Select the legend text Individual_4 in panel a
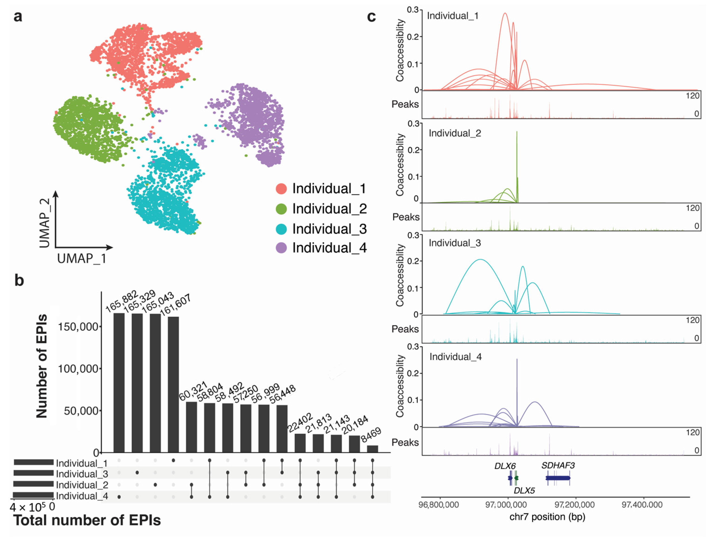[x=329, y=248]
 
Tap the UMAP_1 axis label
[x=82, y=259]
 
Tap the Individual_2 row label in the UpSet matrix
[x=82, y=485]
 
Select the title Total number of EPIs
[x=87, y=520]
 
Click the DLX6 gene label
[x=505, y=466]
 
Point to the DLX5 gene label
[x=524, y=490]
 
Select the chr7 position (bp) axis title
[x=547, y=517]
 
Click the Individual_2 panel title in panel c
[x=455, y=133]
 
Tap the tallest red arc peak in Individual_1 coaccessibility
[x=505, y=13]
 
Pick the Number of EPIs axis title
[x=42, y=366]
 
